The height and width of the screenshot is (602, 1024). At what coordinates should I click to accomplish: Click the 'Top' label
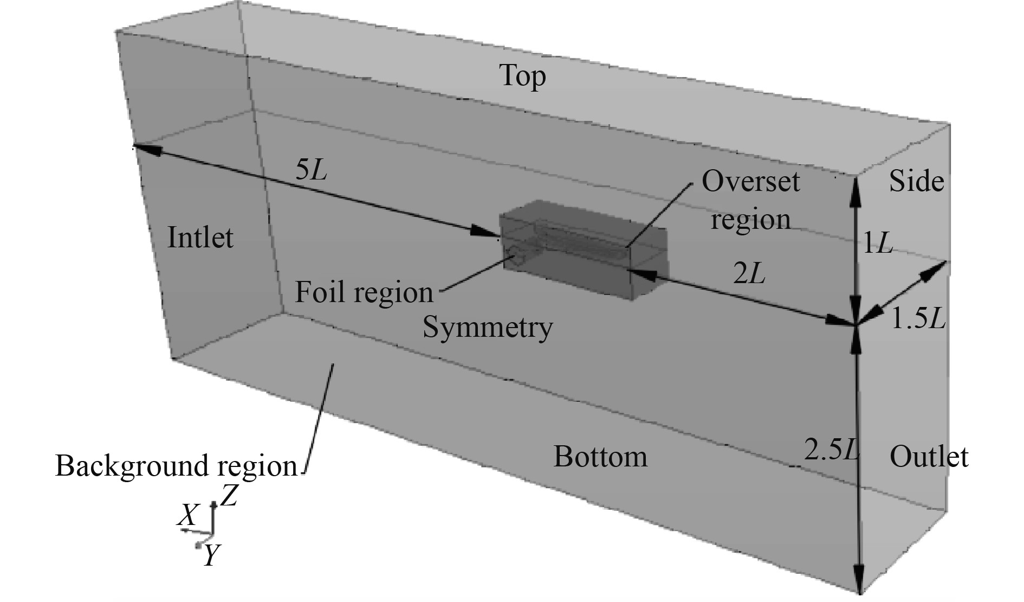[522, 76]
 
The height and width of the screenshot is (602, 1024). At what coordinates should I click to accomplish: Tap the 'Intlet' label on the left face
[200, 238]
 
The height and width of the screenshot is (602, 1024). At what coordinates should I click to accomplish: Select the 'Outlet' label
[929, 457]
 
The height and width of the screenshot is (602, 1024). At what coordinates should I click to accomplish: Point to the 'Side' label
[916, 182]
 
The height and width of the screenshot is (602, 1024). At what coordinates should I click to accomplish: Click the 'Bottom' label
[600, 457]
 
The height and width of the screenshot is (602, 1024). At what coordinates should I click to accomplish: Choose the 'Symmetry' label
[488, 328]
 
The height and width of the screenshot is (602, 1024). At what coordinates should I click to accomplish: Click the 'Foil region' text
[364, 293]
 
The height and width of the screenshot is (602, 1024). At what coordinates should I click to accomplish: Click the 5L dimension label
[312, 172]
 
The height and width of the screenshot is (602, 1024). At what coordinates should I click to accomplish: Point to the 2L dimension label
[749, 276]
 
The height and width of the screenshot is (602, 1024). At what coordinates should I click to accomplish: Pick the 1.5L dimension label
[918, 321]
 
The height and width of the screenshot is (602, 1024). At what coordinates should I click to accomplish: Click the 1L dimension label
[877, 245]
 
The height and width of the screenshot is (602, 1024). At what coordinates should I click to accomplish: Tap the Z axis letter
[229, 495]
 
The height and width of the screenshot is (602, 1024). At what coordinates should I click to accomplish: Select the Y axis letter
[211, 555]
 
